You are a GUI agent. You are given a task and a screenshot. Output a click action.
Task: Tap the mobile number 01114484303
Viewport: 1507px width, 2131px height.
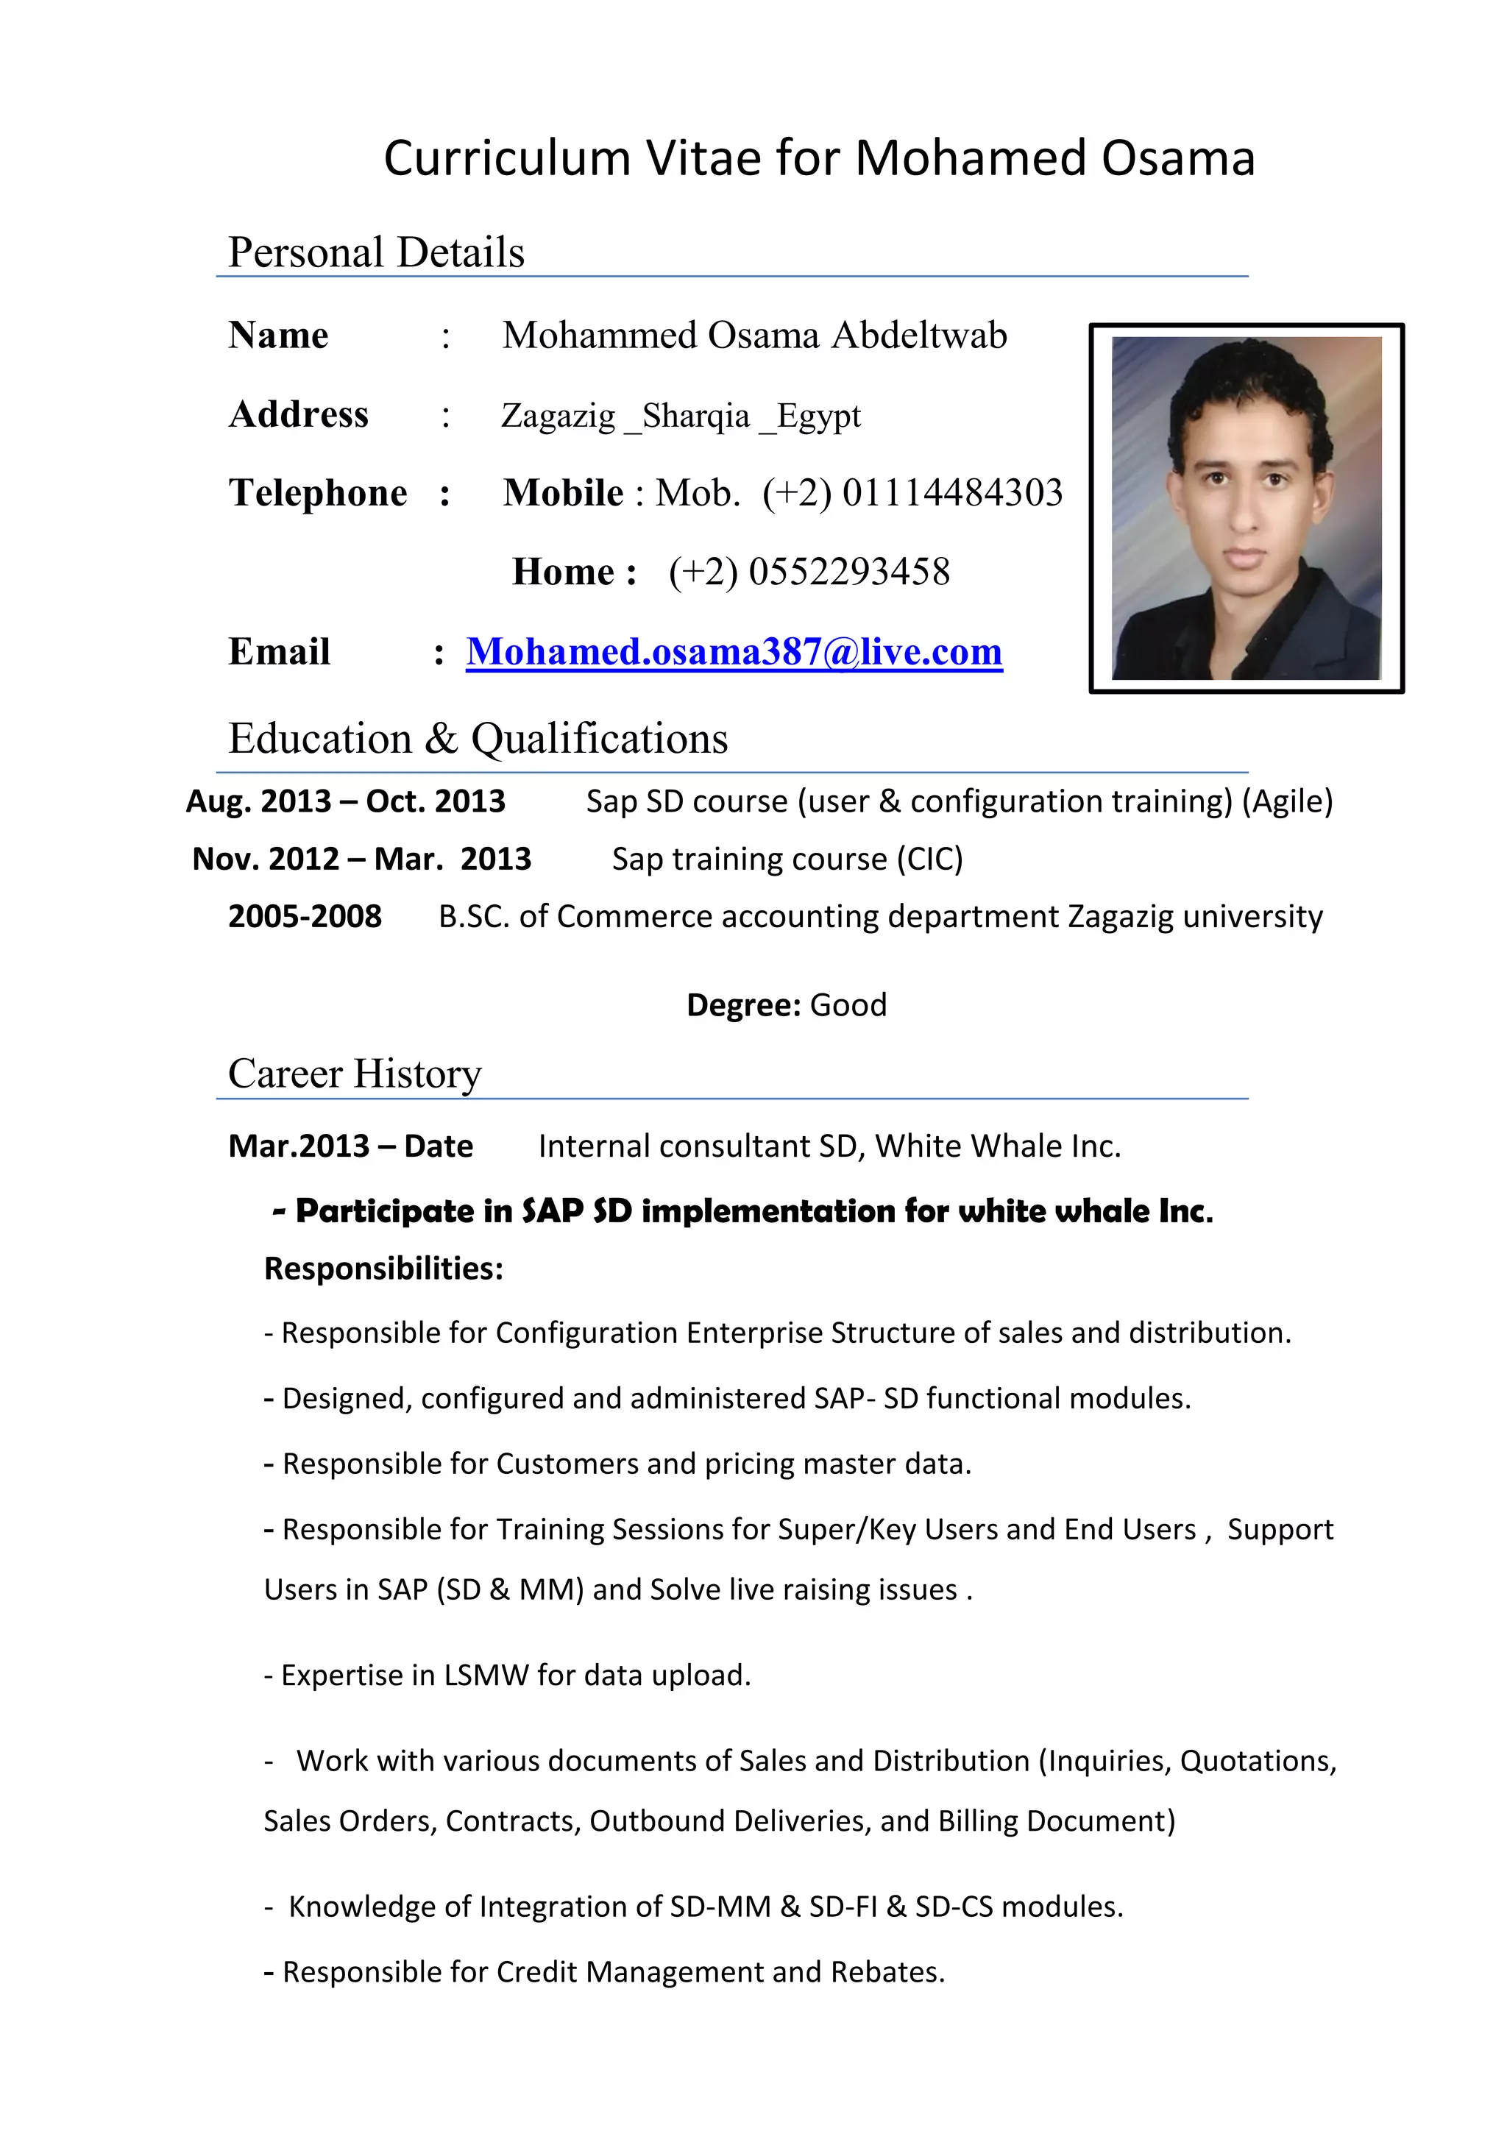pos(952,493)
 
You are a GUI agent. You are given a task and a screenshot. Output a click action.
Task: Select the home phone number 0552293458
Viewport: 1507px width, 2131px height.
pos(849,572)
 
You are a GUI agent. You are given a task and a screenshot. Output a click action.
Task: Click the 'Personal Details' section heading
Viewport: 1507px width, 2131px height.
pos(376,252)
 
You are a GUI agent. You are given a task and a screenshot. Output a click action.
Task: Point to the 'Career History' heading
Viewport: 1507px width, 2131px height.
pos(355,1074)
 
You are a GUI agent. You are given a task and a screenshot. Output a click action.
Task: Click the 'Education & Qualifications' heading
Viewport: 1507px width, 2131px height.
pos(478,739)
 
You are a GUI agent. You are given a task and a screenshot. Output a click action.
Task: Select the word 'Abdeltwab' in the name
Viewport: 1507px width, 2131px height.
pos(918,335)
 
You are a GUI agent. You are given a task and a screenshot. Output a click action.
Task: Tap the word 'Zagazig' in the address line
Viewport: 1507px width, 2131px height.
pos(558,415)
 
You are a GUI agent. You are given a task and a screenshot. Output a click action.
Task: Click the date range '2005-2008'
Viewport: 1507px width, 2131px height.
pos(305,917)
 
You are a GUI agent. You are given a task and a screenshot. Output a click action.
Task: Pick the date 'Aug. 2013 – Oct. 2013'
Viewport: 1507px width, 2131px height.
pos(345,801)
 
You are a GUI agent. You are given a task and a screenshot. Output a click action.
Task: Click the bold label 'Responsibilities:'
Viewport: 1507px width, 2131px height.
pos(383,1269)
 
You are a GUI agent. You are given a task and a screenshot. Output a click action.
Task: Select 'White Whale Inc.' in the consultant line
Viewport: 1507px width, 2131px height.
pos(998,1146)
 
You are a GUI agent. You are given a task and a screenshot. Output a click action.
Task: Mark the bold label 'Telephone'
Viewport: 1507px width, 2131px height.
pos(317,493)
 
